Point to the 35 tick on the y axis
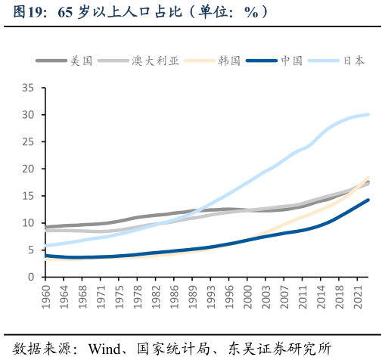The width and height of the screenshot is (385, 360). coord(28,88)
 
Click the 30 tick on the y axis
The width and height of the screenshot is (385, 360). coord(28,115)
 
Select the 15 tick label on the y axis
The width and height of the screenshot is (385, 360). coord(28,196)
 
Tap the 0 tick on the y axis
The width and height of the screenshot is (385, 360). coord(31,277)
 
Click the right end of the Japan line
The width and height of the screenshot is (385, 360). coord(368,114)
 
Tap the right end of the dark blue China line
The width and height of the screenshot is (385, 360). coord(368,200)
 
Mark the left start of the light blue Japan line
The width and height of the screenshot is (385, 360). coord(45,246)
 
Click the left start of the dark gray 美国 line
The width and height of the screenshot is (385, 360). coord(45,227)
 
